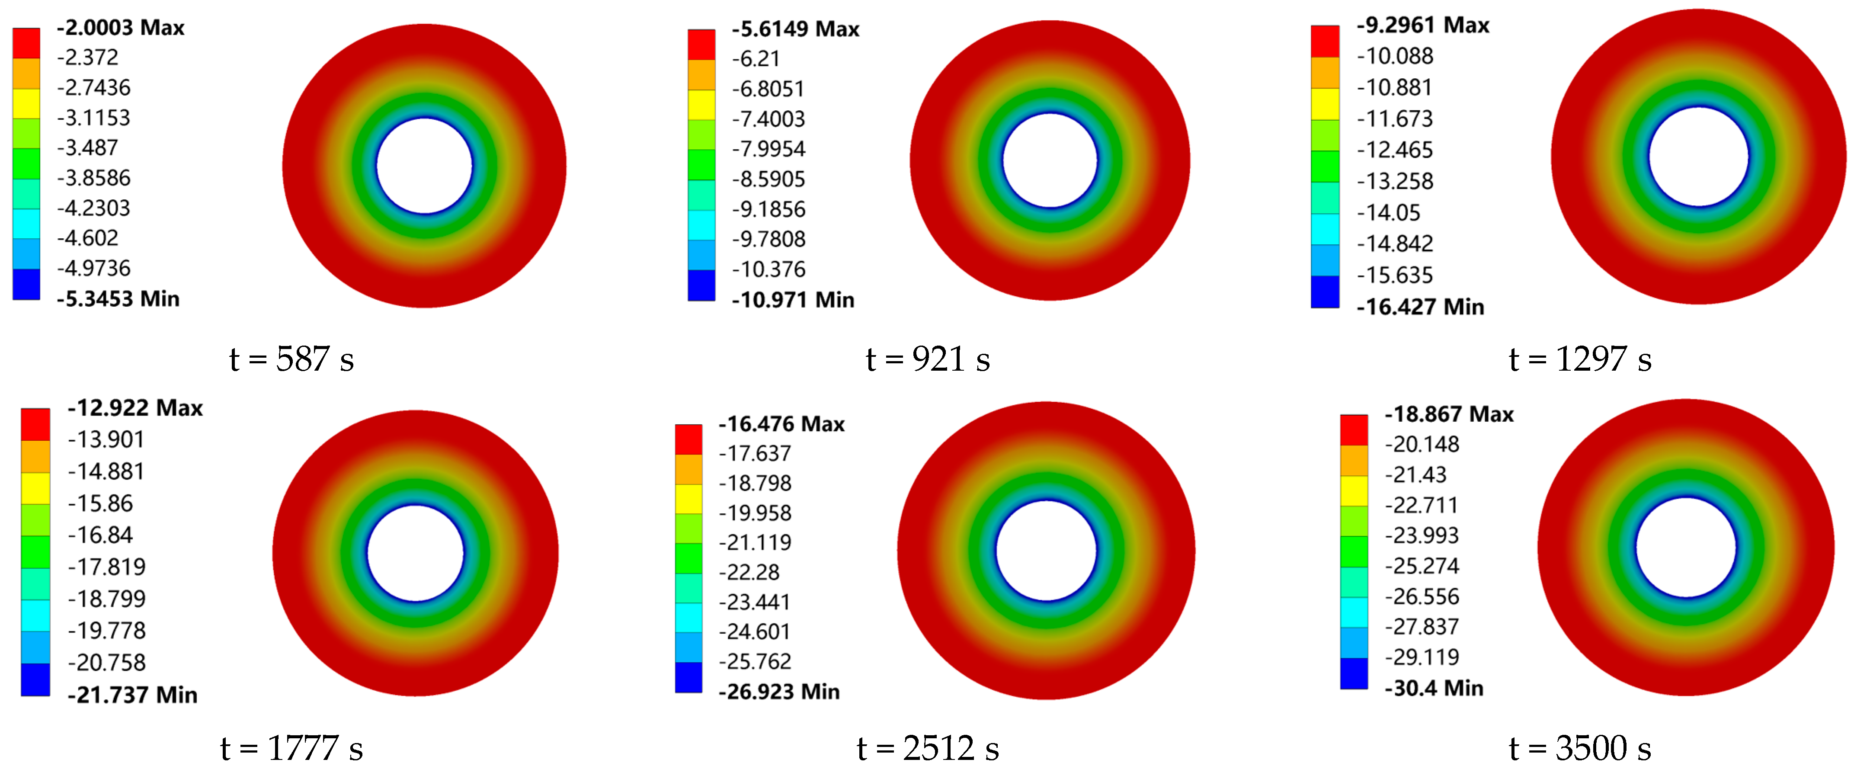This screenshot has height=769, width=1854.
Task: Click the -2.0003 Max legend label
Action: [120, 27]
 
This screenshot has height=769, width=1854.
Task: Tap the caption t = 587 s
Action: [291, 359]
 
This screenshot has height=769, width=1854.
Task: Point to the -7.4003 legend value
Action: [768, 119]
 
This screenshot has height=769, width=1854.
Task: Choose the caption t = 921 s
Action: [928, 359]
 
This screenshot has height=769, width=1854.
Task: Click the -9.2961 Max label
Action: [1423, 25]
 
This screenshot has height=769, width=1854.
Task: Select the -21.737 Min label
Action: [132, 695]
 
